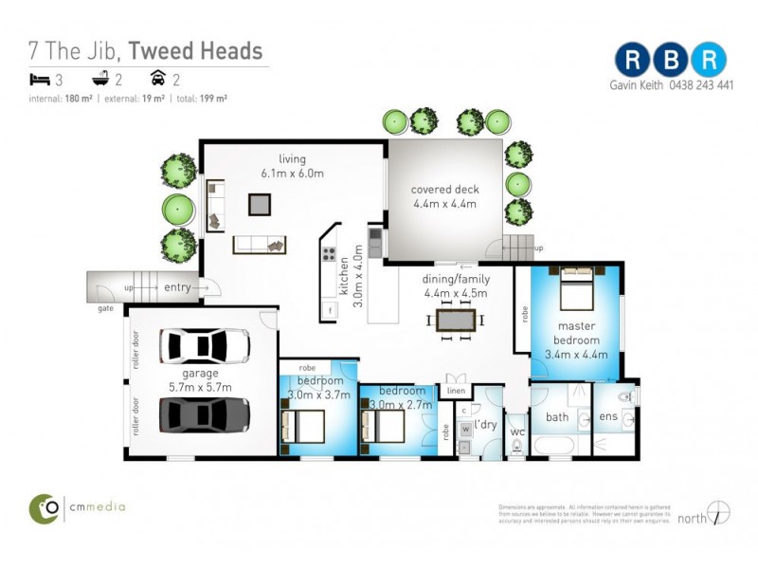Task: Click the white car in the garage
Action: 205,346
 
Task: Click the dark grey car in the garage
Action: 205,414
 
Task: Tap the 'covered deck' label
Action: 443,190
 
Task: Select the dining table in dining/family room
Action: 456,321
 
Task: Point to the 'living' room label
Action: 292,159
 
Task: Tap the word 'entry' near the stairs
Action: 177,287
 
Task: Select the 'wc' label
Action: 517,432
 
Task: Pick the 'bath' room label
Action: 557,416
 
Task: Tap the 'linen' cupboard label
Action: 457,391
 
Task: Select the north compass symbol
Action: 719,512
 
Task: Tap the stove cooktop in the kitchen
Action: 330,253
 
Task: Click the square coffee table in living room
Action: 260,203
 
